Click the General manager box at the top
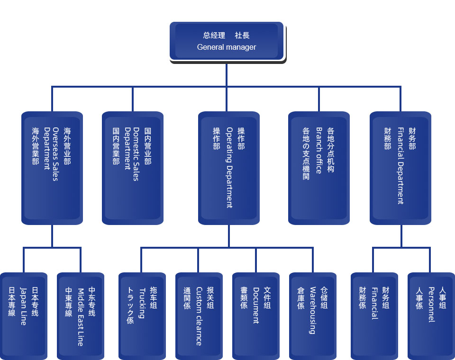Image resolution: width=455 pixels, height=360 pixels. pyautogui.click(x=227, y=41)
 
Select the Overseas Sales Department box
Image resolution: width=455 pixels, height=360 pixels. pyautogui.click(x=52, y=168)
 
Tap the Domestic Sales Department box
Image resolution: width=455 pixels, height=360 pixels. pyautogui.click(x=133, y=168)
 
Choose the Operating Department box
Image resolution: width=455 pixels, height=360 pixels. pyautogui.click(x=229, y=168)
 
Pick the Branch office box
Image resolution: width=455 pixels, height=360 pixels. pyautogui.click(x=319, y=168)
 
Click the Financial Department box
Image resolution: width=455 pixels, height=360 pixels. pyautogui.click(x=400, y=168)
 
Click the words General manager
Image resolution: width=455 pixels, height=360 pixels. pyautogui.click(x=227, y=47)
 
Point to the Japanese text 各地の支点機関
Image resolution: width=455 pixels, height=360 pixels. pyautogui.click(x=306, y=153)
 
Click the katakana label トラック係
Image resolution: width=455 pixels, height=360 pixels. pyautogui.click(x=130, y=306)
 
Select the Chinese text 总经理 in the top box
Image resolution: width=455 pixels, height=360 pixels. pyautogui.click(x=214, y=35)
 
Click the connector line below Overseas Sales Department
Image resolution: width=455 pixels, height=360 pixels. pyautogui.click(x=52, y=236)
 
